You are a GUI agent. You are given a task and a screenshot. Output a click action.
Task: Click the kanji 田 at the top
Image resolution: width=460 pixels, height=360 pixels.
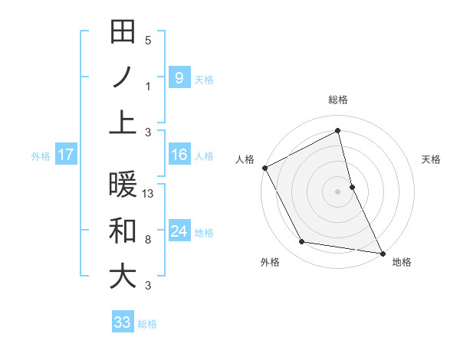[x=123, y=32]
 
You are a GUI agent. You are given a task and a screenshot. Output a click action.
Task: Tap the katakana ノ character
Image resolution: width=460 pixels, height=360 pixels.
[x=123, y=77]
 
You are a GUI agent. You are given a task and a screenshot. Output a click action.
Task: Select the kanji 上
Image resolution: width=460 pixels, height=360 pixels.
[x=123, y=123]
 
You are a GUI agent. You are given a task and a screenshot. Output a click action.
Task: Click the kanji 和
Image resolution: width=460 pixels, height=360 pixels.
[x=123, y=231]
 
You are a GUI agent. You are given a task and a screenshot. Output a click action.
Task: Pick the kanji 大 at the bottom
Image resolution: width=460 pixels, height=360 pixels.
[x=123, y=276]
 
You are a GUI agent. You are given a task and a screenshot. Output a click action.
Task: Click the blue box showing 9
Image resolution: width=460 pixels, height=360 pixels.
[x=179, y=77]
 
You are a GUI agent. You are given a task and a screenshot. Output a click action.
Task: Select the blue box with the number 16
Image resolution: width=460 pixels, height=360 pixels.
[x=179, y=155]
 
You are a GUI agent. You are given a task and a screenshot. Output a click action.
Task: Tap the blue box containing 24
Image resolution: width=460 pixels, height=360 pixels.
[x=179, y=231]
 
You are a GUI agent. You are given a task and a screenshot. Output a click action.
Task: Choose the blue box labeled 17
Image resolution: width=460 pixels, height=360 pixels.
[x=65, y=155]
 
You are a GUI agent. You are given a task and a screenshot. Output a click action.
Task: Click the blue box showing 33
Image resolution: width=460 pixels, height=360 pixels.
[x=123, y=322]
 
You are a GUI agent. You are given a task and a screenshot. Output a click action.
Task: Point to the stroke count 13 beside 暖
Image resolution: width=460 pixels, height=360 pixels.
[x=149, y=194]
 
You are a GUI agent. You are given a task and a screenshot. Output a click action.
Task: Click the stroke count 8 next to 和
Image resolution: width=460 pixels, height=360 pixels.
[x=147, y=240]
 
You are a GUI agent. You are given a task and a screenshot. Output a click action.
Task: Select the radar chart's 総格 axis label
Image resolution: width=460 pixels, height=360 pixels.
[x=338, y=100]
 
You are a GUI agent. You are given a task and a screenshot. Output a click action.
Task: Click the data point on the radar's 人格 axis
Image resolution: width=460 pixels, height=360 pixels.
[x=264, y=168]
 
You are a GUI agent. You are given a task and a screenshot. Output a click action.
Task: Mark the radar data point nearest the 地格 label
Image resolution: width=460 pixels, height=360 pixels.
[x=382, y=252]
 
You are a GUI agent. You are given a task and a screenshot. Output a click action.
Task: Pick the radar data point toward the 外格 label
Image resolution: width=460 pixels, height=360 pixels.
[x=302, y=242]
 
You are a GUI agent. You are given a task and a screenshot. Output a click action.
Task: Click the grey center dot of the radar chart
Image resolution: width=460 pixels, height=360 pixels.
[x=338, y=191]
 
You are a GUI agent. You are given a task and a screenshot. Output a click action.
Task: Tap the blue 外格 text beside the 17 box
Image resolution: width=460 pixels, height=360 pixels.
[x=41, y=155]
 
